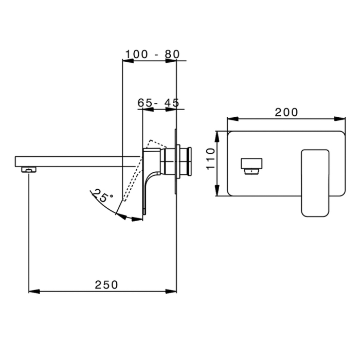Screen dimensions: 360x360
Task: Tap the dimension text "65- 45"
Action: (158, 102)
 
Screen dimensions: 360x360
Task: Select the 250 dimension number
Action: (106, 284)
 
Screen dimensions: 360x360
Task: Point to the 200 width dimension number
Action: (286, 113)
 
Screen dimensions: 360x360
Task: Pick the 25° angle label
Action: (102, 195)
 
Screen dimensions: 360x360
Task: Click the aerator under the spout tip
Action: (28, 168)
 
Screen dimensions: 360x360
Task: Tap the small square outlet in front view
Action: (251, 165)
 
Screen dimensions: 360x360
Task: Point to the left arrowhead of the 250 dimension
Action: (33, 292)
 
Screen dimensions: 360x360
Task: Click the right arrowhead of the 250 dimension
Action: (172, 292)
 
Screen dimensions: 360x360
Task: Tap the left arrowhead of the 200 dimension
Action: (232, 120)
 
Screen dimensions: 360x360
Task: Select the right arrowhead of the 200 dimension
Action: (340, 120)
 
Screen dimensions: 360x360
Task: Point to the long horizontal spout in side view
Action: (77, 161)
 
